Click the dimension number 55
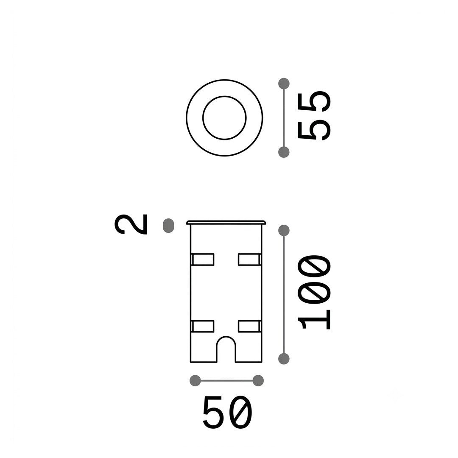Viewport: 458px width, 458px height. coord(314,116)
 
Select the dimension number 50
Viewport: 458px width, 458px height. coord(227,413)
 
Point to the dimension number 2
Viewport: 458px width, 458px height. coord(131,224)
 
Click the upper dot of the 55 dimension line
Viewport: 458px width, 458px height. coord(284,84)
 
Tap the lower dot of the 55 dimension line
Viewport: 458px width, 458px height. coord(284,152)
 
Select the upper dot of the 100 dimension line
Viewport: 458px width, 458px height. coord(284,230)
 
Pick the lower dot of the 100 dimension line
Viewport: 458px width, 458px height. coord(284,359)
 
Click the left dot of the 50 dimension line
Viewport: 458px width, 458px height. coord(195,380)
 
